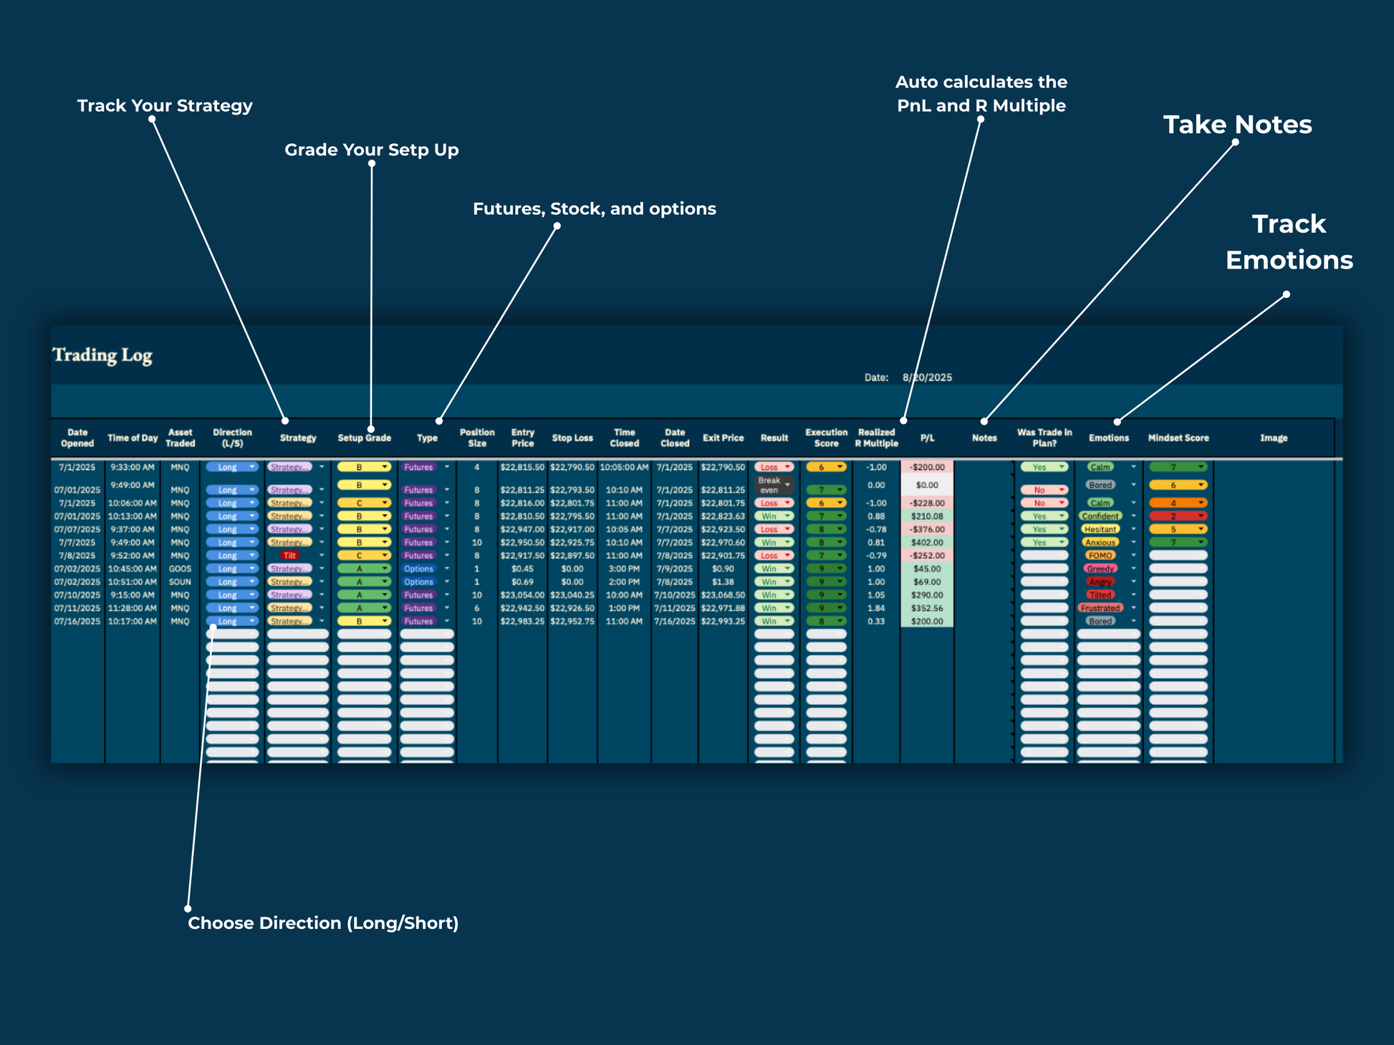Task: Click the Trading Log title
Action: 102,355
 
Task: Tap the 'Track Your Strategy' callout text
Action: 165,106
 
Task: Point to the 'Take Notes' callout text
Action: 1237,125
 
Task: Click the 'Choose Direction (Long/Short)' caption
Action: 323,923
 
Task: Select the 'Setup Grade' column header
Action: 364,438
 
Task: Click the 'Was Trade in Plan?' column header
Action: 1044,438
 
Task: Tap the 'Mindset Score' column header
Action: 1178,438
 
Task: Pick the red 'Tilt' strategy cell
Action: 289,556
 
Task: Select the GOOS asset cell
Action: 180,569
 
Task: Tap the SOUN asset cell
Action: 180,582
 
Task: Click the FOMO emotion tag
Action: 1100,556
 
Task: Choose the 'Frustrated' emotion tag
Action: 1100,608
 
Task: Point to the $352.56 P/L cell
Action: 926,608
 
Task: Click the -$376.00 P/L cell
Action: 926,529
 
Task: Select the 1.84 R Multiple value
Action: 875,608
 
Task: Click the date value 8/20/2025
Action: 927,377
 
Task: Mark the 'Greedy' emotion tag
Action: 1100,569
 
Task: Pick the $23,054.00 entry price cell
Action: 522,595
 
